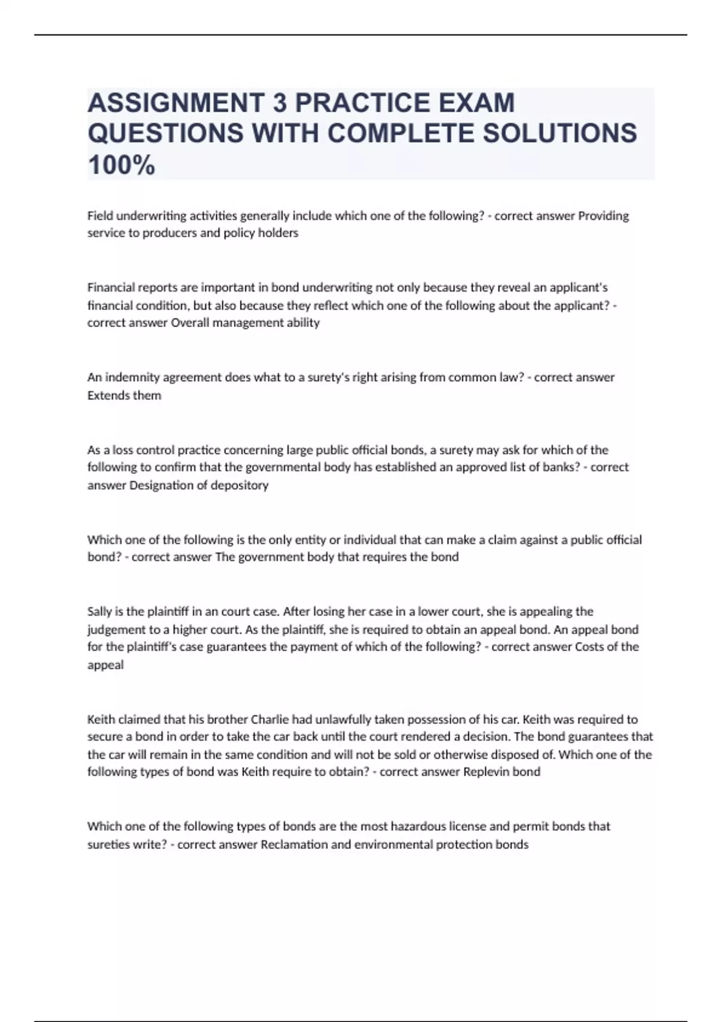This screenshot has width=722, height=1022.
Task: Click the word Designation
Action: tap(158, 485)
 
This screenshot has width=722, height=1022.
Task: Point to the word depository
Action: tap(239, 485)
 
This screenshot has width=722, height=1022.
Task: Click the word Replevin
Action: tap(486, 772)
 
